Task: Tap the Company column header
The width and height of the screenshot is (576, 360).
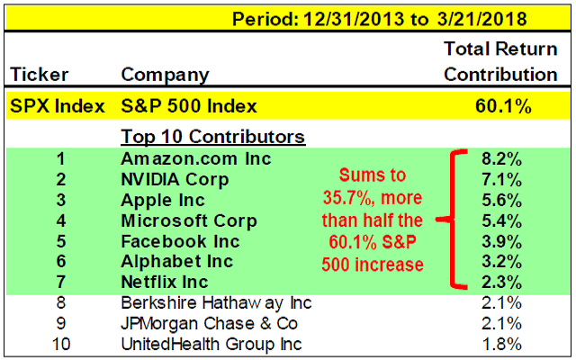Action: click(165, 75)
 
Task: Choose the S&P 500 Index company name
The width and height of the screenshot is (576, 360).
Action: click(189, 106)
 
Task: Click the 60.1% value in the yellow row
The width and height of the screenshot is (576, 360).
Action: click(504, 106)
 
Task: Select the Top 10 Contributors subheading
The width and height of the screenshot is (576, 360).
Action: click(213, 138)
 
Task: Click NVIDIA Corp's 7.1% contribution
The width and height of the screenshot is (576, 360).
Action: click(509, 179)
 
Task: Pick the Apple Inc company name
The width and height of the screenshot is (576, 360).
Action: click(163, 200)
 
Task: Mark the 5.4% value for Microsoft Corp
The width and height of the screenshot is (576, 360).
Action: click(509, 220)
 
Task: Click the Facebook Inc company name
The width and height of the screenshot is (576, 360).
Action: click(180, 241)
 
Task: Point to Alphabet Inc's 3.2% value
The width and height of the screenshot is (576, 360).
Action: click(509, 262)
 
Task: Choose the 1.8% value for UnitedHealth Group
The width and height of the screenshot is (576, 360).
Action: click(509, 345)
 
